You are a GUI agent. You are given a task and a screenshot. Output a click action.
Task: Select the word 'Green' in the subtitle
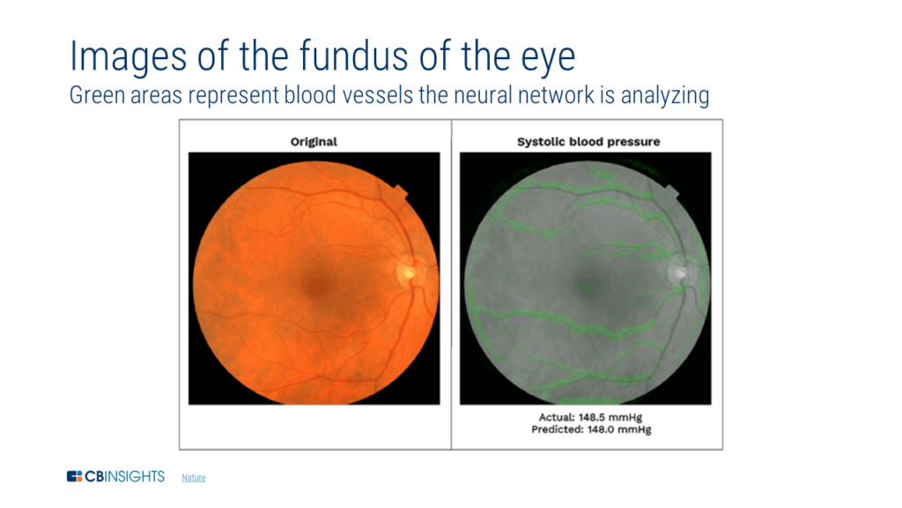point(95,95)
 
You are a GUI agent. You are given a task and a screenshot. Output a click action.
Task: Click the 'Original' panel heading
point(314,141)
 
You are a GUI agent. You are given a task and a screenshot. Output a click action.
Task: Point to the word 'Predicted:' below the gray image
point(557,430)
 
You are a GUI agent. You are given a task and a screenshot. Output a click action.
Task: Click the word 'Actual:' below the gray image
point(557,416)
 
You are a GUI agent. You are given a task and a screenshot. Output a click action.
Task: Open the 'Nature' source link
point(193,478)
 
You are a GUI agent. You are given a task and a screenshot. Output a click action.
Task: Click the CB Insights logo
point(115,477)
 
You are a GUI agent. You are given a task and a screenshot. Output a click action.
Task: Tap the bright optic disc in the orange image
point(408,272)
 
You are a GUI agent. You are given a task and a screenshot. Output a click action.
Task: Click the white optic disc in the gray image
point(679,272)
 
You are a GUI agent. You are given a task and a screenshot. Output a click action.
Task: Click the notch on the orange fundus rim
point(399,192)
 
